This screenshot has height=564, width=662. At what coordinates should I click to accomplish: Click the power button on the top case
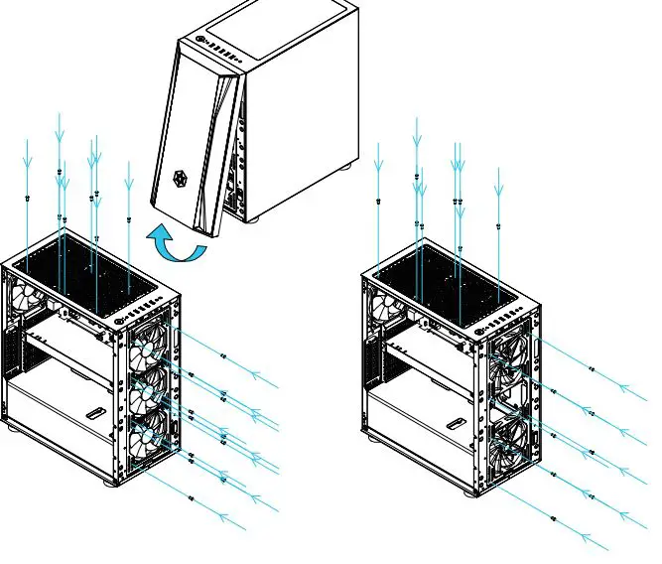click(202, 42)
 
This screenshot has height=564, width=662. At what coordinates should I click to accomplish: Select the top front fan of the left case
click(150, 350)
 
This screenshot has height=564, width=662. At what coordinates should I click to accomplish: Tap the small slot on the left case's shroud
click(96, 411)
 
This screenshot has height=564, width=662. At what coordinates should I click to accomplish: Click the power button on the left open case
click(120, 320)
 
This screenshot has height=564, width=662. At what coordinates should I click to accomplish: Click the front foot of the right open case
click(472, 491)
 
